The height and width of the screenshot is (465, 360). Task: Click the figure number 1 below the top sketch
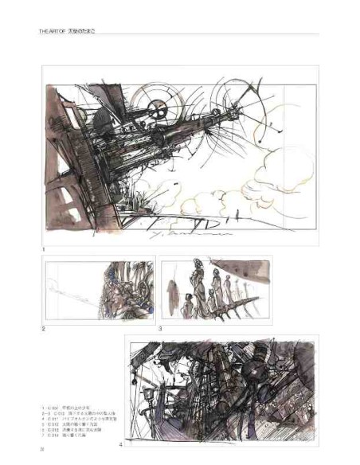click(44, 250)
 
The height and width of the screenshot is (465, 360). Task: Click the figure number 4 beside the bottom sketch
click(121, 444)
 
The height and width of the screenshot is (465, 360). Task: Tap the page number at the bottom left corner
click(41, 450)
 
